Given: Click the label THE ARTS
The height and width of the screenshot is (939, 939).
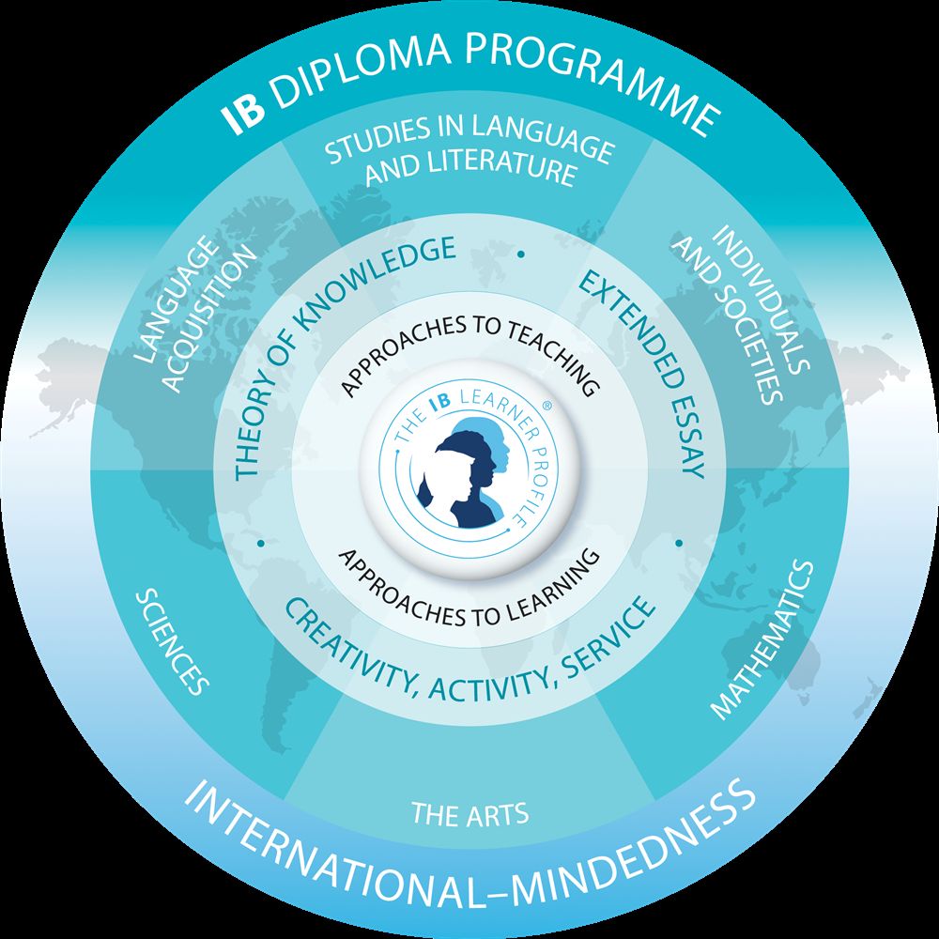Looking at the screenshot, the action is pyautogui.click(x=470, y=814).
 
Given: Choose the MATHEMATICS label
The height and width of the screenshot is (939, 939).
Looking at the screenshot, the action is pyautogui.click(x=762, y=639).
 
